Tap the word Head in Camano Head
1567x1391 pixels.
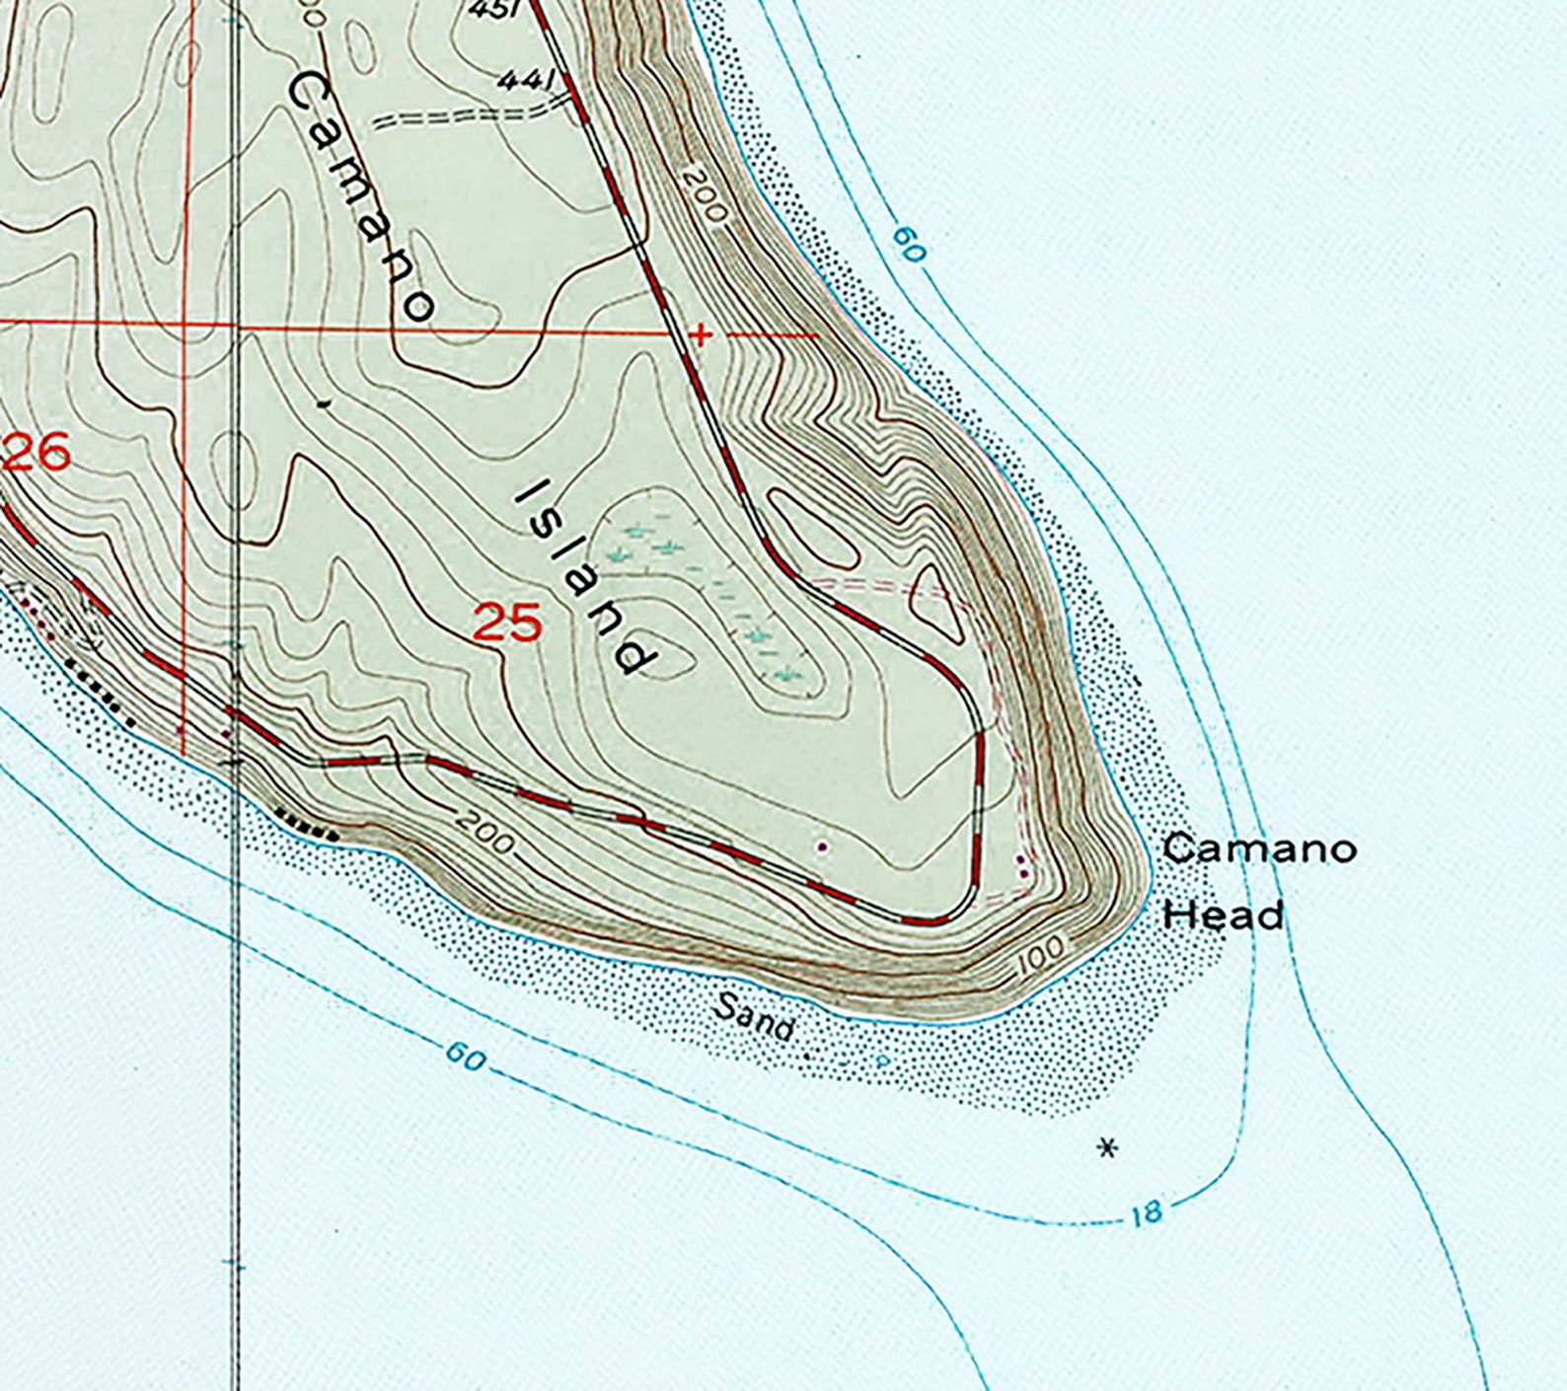(x=1224, y=915)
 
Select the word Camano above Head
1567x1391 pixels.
(x=1259, y=848)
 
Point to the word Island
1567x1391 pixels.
(x=586, y=577)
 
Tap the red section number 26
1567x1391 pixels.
(x=37, y=453)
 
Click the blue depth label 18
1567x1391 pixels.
(x=1147, y=1213)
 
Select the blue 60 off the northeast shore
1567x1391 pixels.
(x=909, y=245)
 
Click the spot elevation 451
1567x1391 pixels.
(x=493, y=10)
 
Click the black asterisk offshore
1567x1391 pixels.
(x=1108, y=1147)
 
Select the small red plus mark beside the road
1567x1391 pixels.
(x=700, y=335)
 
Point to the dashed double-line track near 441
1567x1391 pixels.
(x=464, y=117)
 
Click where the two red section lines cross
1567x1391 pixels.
(x=186, y=324)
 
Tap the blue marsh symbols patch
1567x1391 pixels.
(x=710, y=592)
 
